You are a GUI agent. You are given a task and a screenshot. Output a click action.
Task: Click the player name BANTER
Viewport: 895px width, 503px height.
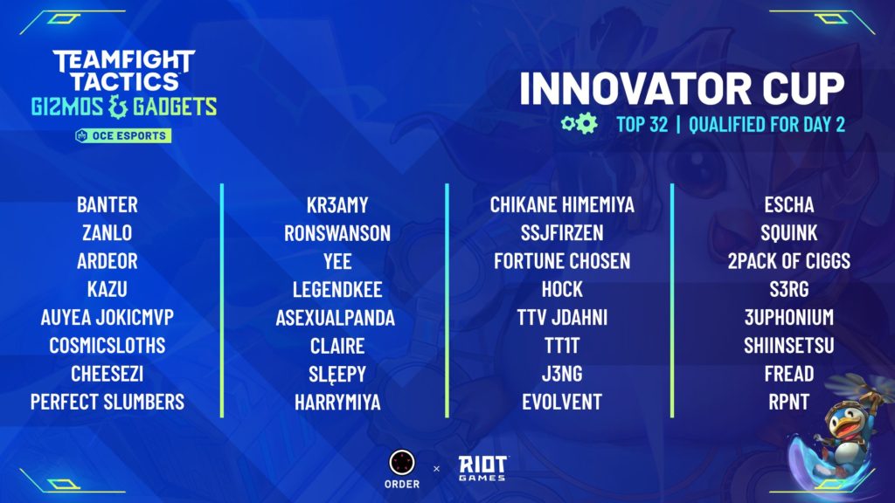tap(108, 204)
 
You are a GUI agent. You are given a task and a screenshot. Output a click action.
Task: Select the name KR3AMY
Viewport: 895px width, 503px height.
tap(337, 204)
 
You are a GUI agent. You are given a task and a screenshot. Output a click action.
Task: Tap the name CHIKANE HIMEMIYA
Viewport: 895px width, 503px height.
tap(562, 204)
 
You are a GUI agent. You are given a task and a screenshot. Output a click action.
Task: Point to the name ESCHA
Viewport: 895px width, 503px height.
tap(789, 204)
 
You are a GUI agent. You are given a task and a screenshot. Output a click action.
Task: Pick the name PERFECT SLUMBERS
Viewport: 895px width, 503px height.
tap(108, 402)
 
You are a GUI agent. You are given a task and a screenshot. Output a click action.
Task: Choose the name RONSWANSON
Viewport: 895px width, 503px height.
tap(337, 233)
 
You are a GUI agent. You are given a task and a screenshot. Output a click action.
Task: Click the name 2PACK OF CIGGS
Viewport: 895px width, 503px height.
tap(789, 261)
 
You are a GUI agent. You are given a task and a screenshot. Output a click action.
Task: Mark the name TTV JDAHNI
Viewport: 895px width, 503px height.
tap(562, 318)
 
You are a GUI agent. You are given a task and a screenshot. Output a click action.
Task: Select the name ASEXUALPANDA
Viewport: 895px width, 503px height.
tap(336, 318)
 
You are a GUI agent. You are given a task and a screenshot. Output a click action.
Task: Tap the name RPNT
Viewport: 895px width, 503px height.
tap(789, 402)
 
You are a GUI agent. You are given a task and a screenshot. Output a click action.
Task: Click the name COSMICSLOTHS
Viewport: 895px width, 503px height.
tap(108, 346)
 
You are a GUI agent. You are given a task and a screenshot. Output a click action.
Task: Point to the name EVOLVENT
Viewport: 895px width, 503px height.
tap(562, 402)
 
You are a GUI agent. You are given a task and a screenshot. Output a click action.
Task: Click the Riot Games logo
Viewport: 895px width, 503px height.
tap(482, 468)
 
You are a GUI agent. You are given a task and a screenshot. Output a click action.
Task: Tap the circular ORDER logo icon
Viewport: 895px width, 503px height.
tap(402, 463)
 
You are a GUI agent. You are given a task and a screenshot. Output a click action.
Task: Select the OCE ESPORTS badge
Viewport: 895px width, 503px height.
tap(123, 135)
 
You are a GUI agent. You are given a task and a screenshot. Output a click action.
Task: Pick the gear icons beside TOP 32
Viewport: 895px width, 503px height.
tap(579, 123)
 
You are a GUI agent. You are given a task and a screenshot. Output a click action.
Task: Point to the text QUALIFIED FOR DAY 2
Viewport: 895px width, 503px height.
tap(767, 124)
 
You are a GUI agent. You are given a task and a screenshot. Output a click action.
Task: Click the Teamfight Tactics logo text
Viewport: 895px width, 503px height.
tap(124, 71)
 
